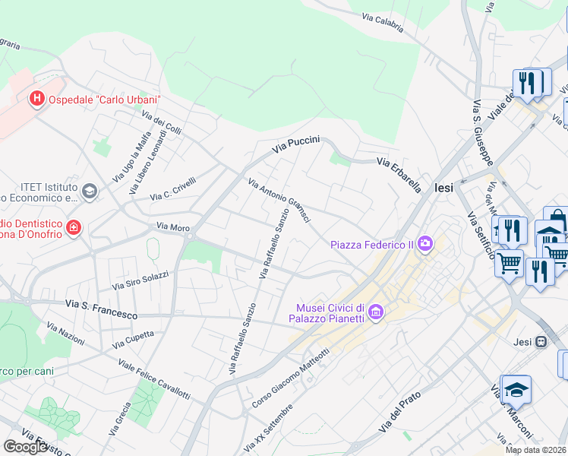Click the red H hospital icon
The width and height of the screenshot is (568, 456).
click(36, 99)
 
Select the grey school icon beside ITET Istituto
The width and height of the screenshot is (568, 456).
click(90, 192)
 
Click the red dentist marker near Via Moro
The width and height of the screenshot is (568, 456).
click(73, 227)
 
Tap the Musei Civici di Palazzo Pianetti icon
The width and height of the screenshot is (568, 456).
click(377, 312)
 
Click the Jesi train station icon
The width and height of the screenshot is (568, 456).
click(541, 342)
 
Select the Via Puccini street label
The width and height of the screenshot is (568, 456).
click(297, 143)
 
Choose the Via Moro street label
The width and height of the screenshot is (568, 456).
click(172, 226)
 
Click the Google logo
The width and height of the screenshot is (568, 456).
click(25, 447)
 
